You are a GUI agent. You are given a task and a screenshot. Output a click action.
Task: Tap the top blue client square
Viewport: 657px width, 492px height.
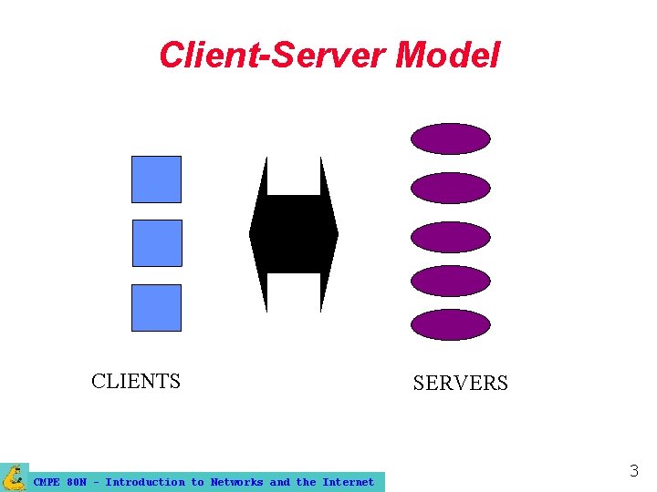coord(156,179)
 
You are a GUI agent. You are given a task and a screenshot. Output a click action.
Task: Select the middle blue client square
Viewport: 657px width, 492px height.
coord(157,243)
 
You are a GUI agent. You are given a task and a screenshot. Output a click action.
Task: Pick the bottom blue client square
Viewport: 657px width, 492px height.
coord(156,308)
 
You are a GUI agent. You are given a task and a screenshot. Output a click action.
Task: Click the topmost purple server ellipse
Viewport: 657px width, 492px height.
coord(451,138)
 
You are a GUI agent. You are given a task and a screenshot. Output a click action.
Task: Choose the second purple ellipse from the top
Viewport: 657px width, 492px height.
coord(451,188)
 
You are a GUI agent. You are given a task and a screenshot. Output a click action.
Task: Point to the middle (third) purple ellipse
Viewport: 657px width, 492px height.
coord(451,237)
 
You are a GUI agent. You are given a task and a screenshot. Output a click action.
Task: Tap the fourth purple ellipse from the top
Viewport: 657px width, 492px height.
coord(451,281)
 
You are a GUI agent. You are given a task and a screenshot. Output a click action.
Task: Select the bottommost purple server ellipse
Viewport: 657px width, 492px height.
coord(451,324)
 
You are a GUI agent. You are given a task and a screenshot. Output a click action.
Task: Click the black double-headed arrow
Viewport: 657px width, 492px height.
coord(294,234)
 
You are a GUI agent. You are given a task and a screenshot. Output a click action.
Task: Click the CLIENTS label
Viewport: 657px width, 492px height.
coord(136,381)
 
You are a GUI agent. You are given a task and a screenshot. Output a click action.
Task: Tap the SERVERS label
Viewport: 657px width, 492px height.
coord(460,384)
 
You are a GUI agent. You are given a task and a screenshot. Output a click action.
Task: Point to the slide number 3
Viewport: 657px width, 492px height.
coord(633,471)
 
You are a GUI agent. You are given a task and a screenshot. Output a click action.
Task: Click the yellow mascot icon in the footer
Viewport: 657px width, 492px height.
coord(15,477)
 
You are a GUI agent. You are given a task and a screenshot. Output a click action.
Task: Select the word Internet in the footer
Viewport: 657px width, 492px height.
coord(348,482)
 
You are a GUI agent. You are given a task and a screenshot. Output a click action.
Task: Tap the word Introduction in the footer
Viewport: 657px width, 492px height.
coord(144,482)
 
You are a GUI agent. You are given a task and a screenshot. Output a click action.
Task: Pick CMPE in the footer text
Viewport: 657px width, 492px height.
coord(47,482)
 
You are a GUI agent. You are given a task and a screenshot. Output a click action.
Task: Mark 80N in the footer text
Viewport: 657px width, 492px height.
coord(77,482)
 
